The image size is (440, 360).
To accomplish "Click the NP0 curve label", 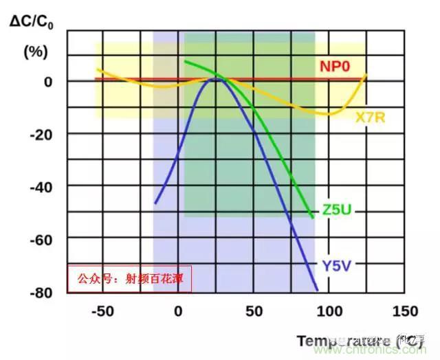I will point(335,67).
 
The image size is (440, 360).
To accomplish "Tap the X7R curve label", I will point(370,117).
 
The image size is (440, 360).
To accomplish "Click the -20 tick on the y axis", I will point(42,134).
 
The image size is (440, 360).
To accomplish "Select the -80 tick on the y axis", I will point(42,292).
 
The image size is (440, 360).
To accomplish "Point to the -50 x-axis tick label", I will point(102,311).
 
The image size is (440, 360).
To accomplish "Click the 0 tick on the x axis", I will point(179,311).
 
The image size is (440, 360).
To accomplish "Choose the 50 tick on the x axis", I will point(254,311).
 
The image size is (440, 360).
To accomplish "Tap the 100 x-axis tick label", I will point(329,311).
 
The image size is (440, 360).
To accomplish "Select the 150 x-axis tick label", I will point(404,311).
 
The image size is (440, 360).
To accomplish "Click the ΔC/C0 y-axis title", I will point(33,20).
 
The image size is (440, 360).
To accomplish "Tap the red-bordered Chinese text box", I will point(129,279).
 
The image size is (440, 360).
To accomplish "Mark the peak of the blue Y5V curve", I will point(216,80).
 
